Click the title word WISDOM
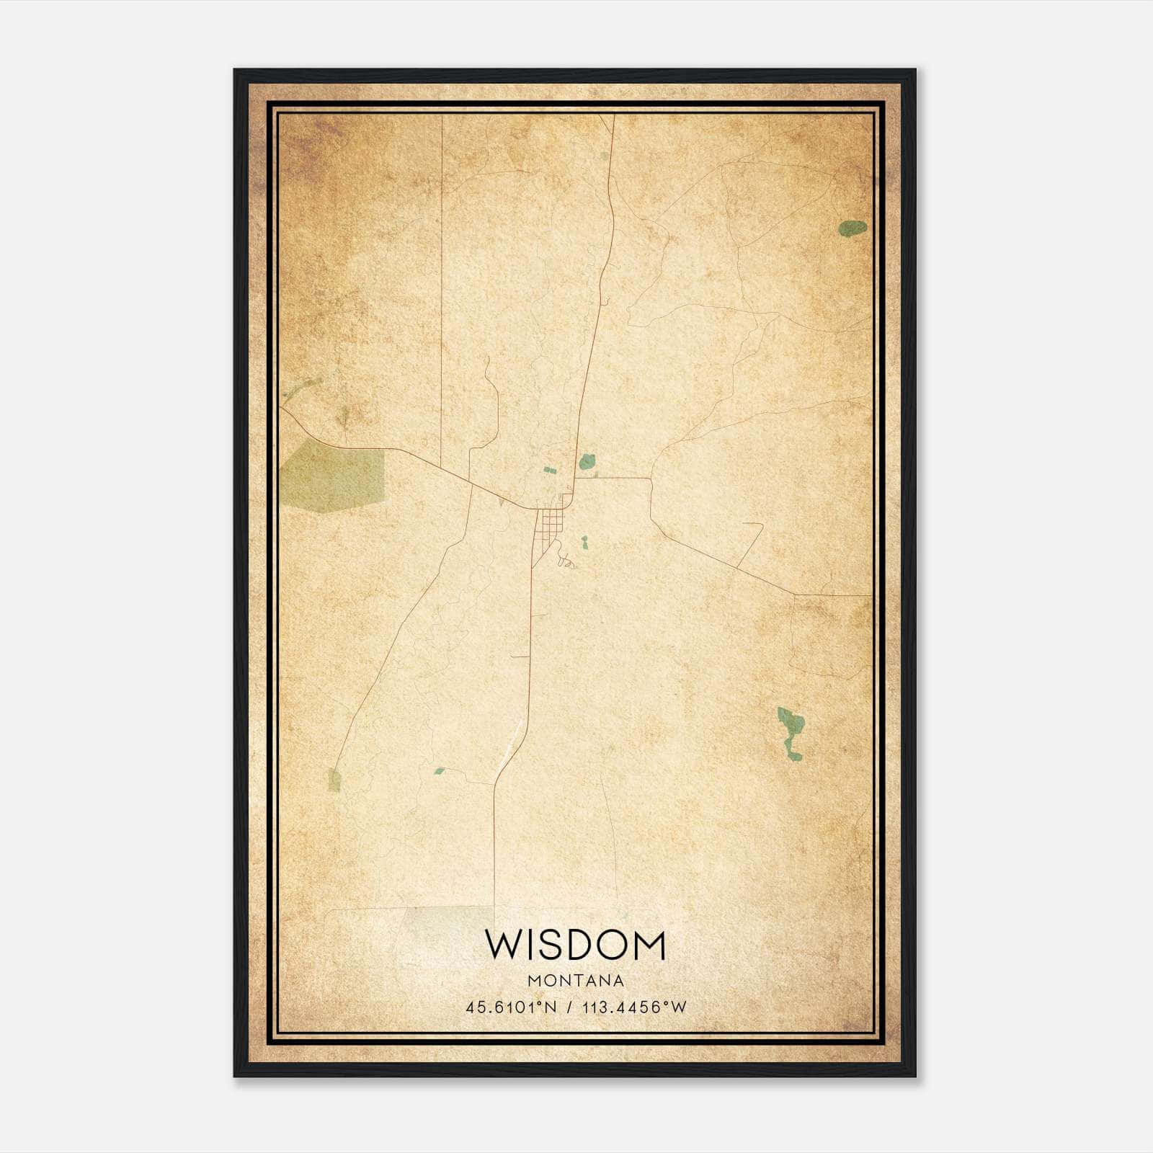575,945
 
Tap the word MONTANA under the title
575,981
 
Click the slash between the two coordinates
569,1007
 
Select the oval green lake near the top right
852,228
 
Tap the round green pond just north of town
587,461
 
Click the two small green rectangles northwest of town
550,471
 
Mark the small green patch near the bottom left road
334,780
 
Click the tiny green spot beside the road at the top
602,154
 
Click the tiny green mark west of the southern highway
439,771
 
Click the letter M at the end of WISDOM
649,945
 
